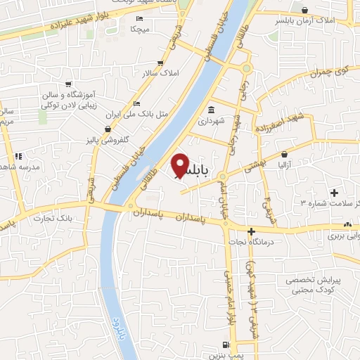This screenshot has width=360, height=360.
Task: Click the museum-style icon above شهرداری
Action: click(212, 110)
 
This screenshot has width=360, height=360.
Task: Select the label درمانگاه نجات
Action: click(250, 241)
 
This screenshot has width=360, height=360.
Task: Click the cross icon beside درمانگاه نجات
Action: click(250, 231)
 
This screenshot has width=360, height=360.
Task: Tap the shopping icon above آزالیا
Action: click(284, 153)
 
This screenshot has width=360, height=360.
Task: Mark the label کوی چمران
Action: click(329, 71)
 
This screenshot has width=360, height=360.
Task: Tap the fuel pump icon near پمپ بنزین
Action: click(224, 345)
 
